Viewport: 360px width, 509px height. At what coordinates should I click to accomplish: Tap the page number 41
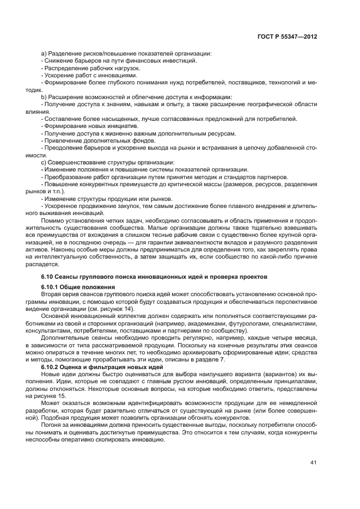click(314, 462)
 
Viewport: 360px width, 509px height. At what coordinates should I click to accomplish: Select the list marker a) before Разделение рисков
click(44, 53)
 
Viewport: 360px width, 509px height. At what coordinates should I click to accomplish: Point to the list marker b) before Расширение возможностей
click(44, 96)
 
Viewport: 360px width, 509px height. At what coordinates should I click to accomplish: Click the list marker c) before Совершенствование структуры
click(44, 162)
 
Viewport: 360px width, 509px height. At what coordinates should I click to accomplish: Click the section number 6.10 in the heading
click(47, 277)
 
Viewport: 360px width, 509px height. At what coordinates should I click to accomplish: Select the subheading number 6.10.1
click(50, 287)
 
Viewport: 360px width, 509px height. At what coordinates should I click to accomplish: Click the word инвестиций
click(180, 60)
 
